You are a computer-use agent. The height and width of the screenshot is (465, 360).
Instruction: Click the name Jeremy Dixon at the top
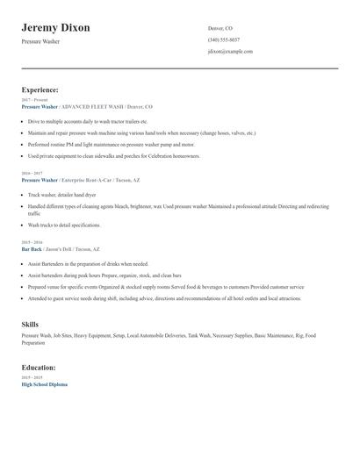point(55,28)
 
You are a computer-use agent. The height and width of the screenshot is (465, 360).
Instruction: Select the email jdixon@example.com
point(230,51)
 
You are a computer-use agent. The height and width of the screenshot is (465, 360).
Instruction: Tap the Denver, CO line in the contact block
point(220,28)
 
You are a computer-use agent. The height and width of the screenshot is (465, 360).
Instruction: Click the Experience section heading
point(40,89)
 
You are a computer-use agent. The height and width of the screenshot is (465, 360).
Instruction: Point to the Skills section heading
point(30,325)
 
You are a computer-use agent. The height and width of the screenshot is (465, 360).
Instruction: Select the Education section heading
point(39,367)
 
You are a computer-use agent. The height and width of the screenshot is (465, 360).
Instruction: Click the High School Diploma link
point(44,384)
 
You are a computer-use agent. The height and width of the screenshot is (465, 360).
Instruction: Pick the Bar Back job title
point(31,248)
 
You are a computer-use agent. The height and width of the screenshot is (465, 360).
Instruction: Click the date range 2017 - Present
point(32,100)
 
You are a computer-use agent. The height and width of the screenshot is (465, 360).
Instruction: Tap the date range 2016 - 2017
point(31,174)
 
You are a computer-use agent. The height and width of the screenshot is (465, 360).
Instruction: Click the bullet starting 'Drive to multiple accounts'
point(88,121)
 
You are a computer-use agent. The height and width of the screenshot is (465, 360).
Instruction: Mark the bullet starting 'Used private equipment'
point(114,155)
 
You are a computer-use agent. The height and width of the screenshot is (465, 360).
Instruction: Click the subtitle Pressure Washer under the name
point(40,41)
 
